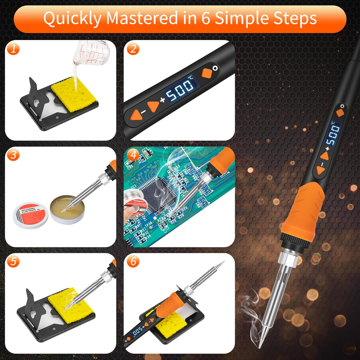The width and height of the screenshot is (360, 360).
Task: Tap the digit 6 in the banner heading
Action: (206, 18)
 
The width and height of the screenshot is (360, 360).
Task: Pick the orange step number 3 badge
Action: (13, 155)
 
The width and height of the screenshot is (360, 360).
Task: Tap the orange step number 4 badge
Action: (133, 155)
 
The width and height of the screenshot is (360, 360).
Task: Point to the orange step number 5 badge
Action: (13, 262)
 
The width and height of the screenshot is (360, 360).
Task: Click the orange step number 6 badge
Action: (133, 262)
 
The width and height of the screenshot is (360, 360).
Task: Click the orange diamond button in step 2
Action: (207, 73)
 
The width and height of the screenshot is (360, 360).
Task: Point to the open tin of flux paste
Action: (67, 209)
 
